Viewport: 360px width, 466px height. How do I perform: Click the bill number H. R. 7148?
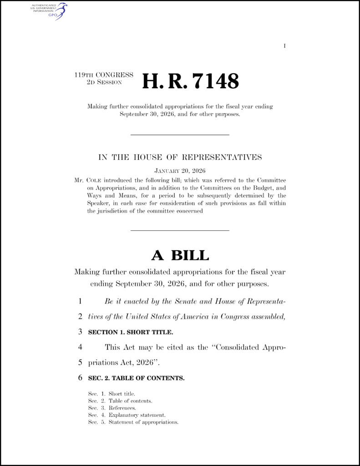(x=190, y=81)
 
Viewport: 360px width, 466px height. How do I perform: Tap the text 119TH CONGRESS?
(x=104, y=75)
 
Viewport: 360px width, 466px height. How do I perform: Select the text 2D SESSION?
(x=104, y=82)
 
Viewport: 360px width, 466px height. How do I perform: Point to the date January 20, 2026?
(x=180, y=171)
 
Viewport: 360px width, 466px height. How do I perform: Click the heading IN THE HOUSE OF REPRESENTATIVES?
(x=180, y=157)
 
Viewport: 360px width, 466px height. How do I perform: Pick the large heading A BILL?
(x=180, y=255)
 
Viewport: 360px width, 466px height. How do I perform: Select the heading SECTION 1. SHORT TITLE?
(x=130, y=332)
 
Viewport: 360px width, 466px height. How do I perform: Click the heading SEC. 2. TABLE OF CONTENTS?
(x=136, y=378)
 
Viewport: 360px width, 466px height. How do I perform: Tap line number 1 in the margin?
(x=80, y=301)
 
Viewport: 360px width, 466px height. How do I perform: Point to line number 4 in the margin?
(x=80, y=347)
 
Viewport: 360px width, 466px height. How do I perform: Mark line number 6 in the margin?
(x=80, y=378)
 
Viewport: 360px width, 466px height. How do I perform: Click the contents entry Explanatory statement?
(x=137, y=415)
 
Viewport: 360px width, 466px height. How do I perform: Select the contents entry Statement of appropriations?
(x=143, y=422)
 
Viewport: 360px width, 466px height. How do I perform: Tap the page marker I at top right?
(x=284, y=46)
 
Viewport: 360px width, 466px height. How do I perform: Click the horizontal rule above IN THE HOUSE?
(x=180, y=135)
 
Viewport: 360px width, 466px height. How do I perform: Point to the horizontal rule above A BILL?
(x=180, y=230)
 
